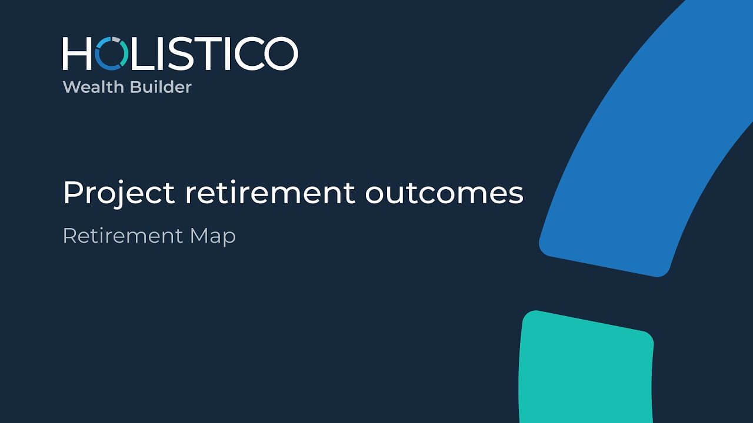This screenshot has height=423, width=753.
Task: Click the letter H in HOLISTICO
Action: click(x=77, y=53)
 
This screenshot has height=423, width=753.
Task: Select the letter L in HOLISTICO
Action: click(x=142, y=53)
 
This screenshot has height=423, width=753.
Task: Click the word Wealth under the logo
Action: click(x=93, y=87)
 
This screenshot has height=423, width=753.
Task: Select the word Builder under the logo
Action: click(x=161, y=87)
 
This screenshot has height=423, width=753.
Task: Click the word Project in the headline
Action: click(x=119, y=193)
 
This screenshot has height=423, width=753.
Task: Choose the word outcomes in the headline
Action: click(x=444, y=194)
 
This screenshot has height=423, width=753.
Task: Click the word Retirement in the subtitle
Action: click(x=123, y=236)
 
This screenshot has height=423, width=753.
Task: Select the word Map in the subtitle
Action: click(x=213, y=237)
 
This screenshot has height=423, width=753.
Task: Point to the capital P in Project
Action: click(x=73, y=192)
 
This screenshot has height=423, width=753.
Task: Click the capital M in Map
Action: click(x=201, y=236)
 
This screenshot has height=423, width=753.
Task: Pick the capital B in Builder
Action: click(x=135, y=87)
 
